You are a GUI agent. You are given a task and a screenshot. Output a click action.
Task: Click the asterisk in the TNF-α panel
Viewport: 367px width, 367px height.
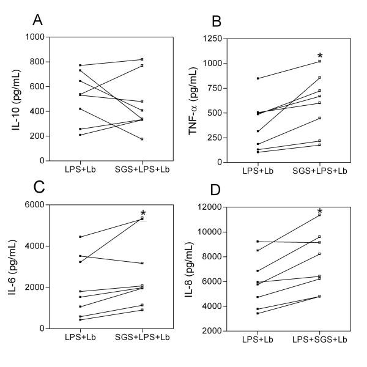click(319, 55)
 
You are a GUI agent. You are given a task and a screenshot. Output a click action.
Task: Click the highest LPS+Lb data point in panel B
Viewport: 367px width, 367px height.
click(258, 78)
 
